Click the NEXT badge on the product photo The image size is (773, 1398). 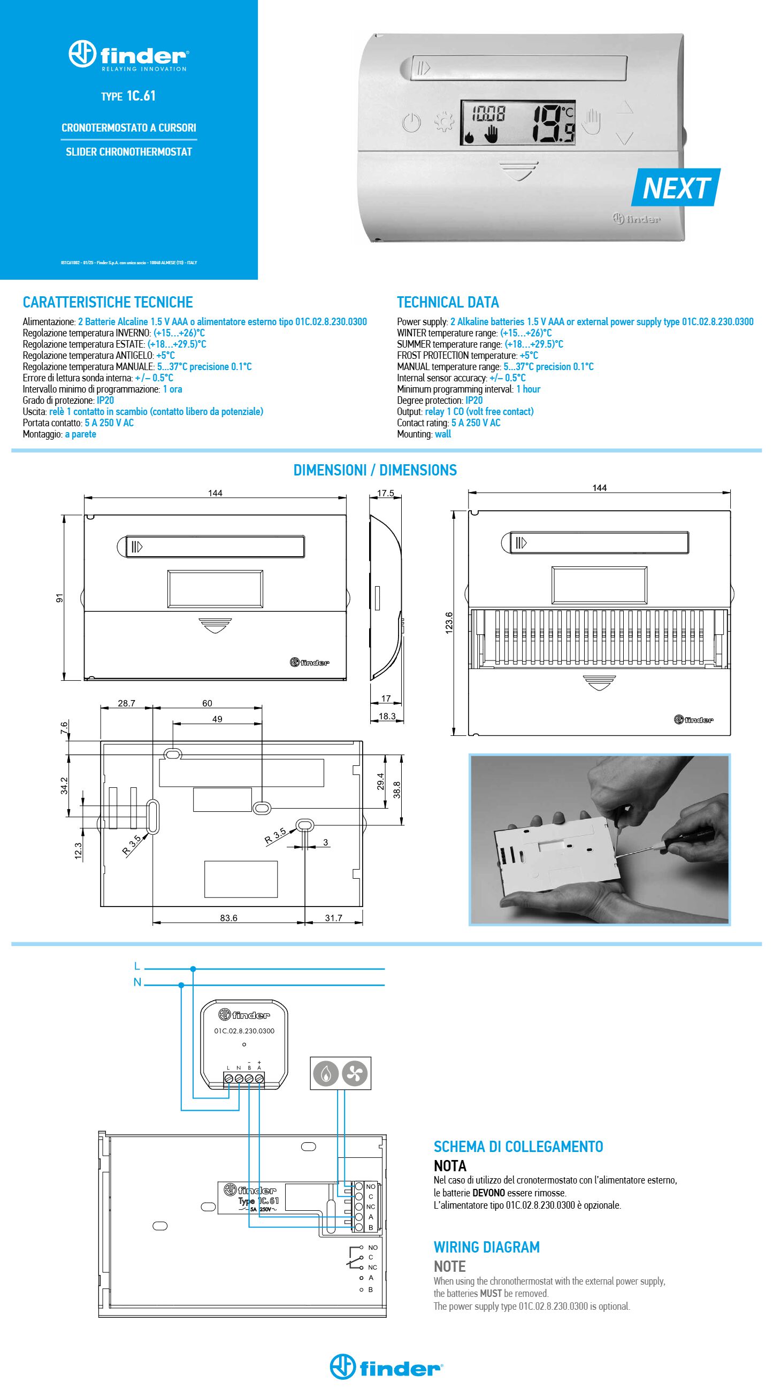tap(676, 188)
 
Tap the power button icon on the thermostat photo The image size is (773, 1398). tap(412, 122)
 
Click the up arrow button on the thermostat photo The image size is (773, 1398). tap(625, 107)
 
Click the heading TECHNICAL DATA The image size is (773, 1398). tap(448, 302)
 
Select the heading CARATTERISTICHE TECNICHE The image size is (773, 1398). tap(108, 302)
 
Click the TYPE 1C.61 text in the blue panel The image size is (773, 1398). tap(128, 96)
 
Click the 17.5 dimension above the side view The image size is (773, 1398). tap(385, 493)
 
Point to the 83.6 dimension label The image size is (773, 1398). tap(228, 918)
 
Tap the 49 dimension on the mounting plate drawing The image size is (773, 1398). tap(217, 719)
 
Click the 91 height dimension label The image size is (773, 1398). tap(60, 597)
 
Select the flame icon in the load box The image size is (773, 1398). tap(325, 1073)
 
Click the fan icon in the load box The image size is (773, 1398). tap(355, 1073)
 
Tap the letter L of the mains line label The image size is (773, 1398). tap(137, 966)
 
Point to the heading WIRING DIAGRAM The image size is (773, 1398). tap(486, 1247)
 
